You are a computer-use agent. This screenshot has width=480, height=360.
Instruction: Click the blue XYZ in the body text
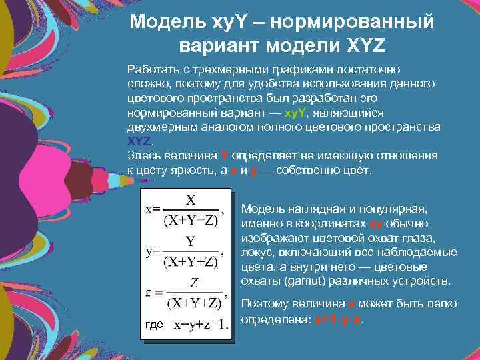click(x=139, y=141)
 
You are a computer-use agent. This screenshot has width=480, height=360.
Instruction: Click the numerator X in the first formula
click(x=191, y=199)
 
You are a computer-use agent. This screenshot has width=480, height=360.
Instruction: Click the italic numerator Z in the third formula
click(x=194, y=282)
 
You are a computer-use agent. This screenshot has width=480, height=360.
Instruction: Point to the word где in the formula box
click(x=153, y=325)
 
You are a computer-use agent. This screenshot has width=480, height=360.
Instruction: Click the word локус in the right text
click(x=256, y=251)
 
